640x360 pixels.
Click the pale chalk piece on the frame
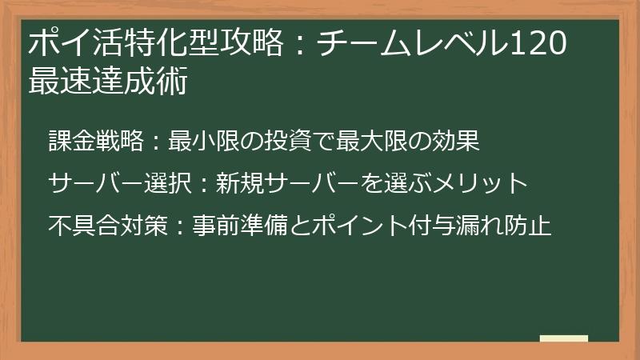click(x=563, y=339)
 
